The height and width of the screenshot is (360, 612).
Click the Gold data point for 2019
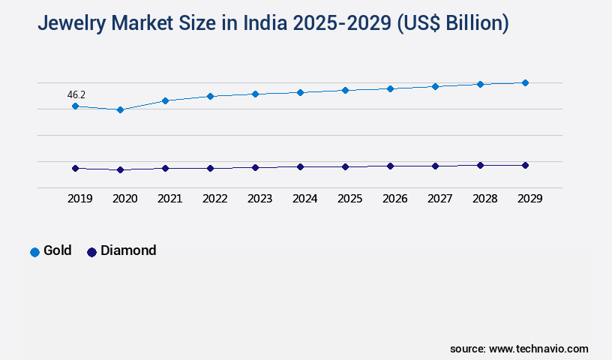tap(75, 106)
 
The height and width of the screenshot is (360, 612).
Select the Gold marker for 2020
tap(120, 110)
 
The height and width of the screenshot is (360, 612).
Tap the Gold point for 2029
tap(525, 82)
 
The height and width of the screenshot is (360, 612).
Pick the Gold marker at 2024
tap(300, 92)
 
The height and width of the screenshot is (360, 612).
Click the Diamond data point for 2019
tap(75, 169)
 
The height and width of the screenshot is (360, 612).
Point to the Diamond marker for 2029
tap(525, 165)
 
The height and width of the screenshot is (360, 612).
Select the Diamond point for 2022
tap(210, 169)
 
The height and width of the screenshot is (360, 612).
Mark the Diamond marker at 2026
tap(390, 166)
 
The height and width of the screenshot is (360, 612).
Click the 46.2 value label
tap(76, 95)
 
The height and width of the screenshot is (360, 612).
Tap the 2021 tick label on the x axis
tap(169, 199)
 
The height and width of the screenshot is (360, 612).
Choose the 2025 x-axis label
tap(349, 199)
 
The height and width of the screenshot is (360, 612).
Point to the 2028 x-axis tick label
tap(484, 199)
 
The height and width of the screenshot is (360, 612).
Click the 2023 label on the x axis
tap(259, 199)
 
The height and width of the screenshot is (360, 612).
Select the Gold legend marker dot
tap(34, 252)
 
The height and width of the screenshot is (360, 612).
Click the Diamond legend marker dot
tap(92, 252)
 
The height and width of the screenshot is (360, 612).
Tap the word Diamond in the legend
tap(128, 250)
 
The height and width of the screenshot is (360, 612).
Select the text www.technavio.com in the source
tap(538, 349)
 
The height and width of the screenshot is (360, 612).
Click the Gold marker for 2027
tap(435, 86)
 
